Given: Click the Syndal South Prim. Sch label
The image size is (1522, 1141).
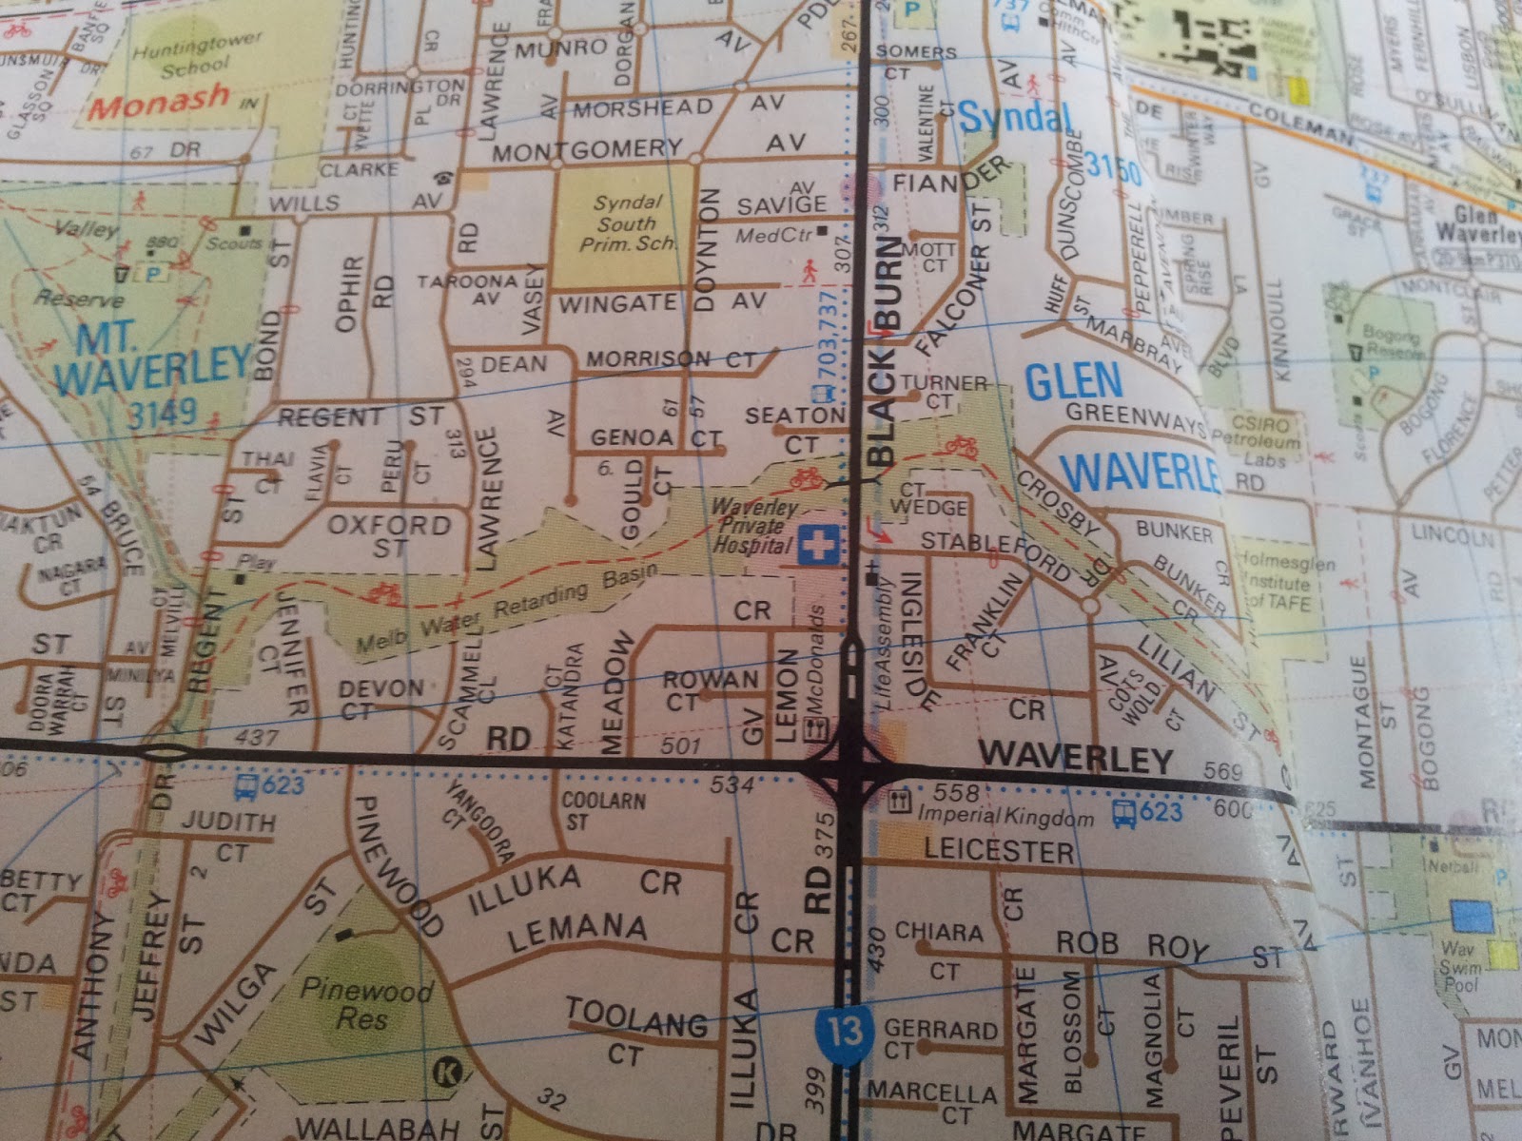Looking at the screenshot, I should click(626, 224).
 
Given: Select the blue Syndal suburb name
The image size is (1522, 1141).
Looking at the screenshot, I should click(1014, 118).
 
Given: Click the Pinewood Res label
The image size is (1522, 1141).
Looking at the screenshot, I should click(364, 1004).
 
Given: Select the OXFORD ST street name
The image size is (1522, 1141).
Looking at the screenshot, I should click(390, 535).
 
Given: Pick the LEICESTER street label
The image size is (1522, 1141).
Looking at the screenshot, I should click(999, 850).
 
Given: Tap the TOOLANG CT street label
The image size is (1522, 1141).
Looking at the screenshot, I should click(635, 1031).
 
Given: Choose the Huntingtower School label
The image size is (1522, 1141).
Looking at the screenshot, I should click(195, 56).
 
